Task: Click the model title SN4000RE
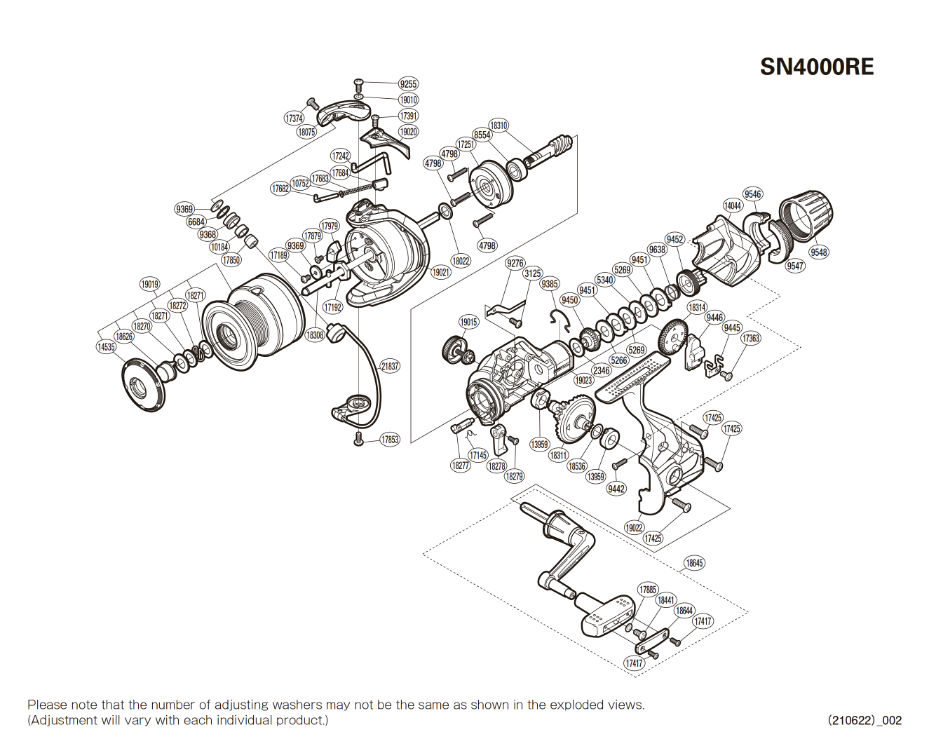coord(817,67)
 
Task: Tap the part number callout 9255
coord(408,84)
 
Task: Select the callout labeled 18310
coord(499,125)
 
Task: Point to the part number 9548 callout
coord(818,252)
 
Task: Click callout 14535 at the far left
coord(106,347)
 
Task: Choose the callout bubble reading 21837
coord(390,366)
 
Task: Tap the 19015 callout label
coord(468,322)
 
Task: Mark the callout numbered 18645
coord(694,563)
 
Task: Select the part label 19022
coord(634,528)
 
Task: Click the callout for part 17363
coord(750,338)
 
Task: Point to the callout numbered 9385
coord(550,284)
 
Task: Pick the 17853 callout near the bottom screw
coord(390,440)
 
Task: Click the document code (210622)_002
coord(864,720)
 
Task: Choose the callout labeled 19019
coord(149,284)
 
